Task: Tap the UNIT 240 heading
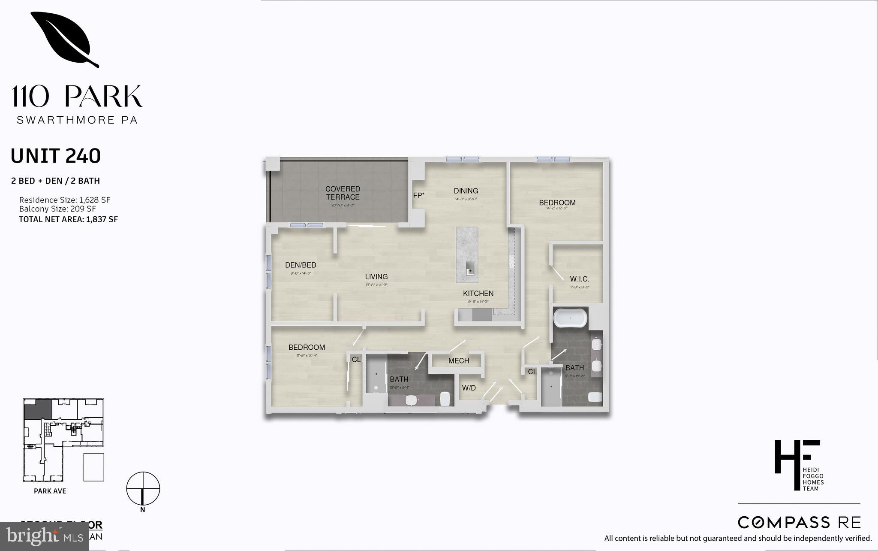point(56,156)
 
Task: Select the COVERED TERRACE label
point(343,193)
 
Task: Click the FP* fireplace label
point(418,196)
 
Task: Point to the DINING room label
point(466,191)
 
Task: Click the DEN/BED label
point(301,265)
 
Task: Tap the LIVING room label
point(376,277)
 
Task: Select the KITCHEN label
point(478,294)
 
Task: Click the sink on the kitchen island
point(470,270)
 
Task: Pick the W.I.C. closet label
point(580,279)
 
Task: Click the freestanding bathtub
point(569,318)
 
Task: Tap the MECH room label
point(458,361)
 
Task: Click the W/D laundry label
point(469,388)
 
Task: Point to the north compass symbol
point(143,489)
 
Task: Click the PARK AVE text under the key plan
point(50,491)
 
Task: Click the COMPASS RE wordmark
point(799,522)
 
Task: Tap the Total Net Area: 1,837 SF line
point(68,219)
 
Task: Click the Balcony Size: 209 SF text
point(57,209)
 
